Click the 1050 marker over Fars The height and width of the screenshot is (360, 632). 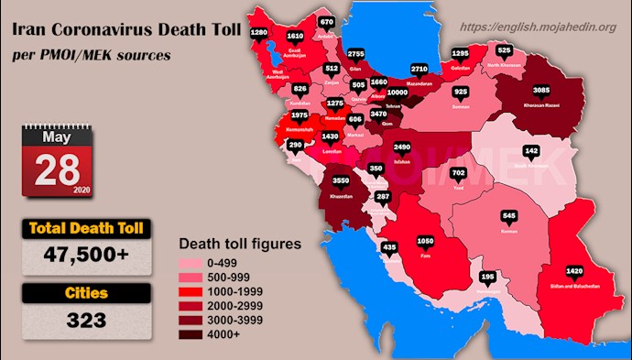(424, 242)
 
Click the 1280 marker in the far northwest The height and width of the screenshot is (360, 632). (259, 32)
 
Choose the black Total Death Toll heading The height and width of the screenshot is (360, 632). (80, 226)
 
